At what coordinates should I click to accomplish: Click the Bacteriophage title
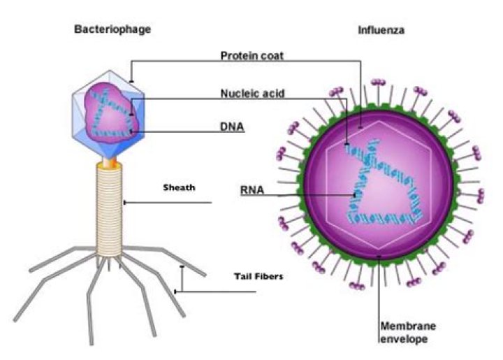tap(112, 29)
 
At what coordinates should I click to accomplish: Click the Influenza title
tap(381, 31)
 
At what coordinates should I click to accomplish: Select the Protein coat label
tap(252, 55)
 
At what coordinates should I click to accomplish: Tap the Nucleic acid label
tap(252, 93)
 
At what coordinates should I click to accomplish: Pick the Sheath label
tap(179, 187)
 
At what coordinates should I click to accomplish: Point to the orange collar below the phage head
tap(110, 165)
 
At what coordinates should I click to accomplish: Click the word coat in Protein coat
tap(272, 55)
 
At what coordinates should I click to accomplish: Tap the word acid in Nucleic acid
tap(272, 93)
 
